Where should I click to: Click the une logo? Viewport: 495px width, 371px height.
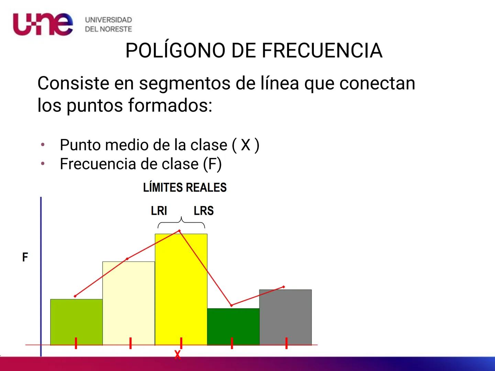(x=43, y=24)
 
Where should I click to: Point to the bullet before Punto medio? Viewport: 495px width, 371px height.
(x=43, y=145)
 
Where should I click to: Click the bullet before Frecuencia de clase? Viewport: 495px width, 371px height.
(x=43, y=164)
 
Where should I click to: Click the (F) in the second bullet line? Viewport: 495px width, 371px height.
(x=212, y=164)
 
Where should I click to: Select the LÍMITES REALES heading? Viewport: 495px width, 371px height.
(x=185, y=188)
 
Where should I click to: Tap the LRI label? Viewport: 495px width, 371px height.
(x=159, y=211)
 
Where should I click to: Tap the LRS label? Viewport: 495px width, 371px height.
(x=203, y=211)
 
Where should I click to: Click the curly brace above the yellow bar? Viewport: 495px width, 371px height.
(x=181, y=223)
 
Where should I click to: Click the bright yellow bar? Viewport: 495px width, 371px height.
(x=181, y=292)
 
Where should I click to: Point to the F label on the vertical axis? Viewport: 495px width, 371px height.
(x=25, y=257)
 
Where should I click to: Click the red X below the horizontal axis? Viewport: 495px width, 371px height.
(x=177, y=355)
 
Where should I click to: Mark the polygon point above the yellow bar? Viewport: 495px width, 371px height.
(x=179, y=231)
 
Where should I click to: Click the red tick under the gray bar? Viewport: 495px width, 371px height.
(x=286, y=343)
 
